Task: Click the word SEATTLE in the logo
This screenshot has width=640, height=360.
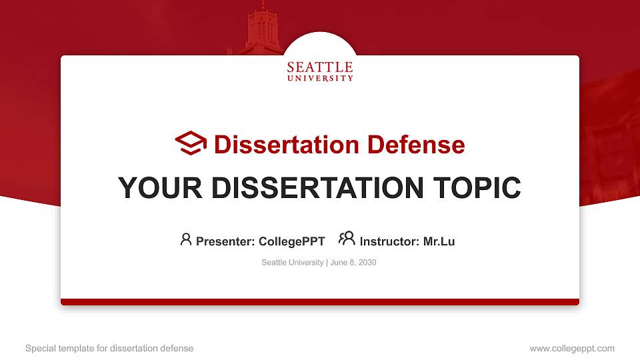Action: pos(320,67)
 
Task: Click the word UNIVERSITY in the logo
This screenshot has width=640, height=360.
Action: pos(320,78)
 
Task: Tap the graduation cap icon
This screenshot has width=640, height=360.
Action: pos(191,143)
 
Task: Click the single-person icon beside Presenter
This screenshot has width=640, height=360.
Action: pos(186,239)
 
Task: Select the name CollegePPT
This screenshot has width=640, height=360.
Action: pos(291,241)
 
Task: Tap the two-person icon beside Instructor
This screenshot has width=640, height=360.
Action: pos(347,239)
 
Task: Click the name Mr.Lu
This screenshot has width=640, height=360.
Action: pos(439,241)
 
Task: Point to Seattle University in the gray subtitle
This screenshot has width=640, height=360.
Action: pos(292,263)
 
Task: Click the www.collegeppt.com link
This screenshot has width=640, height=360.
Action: pos(571,348)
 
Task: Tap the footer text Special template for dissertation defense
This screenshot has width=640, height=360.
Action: pos(109,348)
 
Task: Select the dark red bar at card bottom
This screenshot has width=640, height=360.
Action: pos(320,302)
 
